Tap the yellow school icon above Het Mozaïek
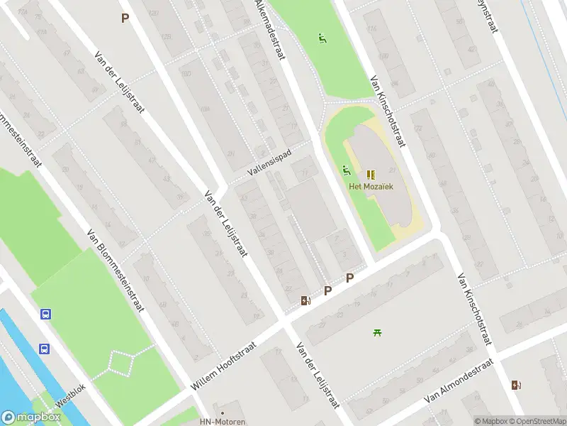pyautogui.click(x=370, y=174)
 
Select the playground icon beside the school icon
pyautogui.click(x=347, y=170)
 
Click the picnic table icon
pyautogui.click(x=377, y=332)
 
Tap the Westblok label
pyautogui.click(x=70, y=401)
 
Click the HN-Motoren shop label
pyautogui.click(x=223, y=422)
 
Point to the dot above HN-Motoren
pyautogui.click(x=223, y=412)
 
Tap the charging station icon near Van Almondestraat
pyautogui.click(x=515, y=385)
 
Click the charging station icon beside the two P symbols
pyautogui.click(x=305, y=300)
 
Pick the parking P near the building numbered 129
pyautogui.click(x=125, y=18)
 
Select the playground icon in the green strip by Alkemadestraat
pyautogui.click(x=322, y=38)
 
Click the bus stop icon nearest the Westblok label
pyautogui.click(x=44, y=349)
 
